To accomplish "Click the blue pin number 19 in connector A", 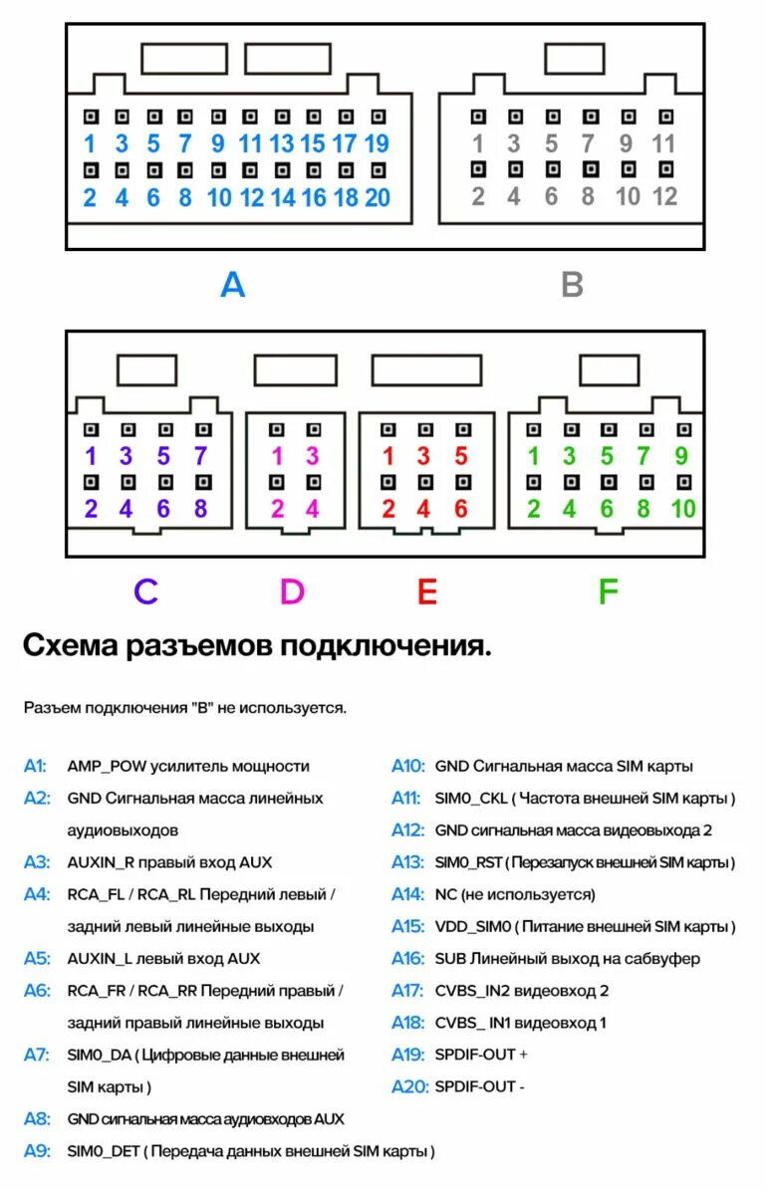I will tap(377, 143).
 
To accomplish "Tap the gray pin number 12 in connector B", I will tap(664, 196).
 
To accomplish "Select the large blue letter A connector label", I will tap(232, 285).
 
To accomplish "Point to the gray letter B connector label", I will tap(572, 285).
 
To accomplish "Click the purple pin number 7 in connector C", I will tap(200, 457).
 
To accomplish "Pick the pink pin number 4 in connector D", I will tap(312, 510).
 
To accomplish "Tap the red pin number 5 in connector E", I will tap(460, 457).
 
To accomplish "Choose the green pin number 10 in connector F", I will tap(682, 510).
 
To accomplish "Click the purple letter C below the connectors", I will tap(145, 592).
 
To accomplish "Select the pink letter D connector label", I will tap(291, 592).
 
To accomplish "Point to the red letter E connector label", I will tap(426, 592).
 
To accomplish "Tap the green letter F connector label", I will tap(608, 592).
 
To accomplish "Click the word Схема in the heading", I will tap(69, 646).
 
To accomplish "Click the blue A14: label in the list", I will tap(407, 894).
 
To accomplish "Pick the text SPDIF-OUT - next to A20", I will tap(481, 1086).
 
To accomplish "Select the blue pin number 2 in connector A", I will tap(90, 197).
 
